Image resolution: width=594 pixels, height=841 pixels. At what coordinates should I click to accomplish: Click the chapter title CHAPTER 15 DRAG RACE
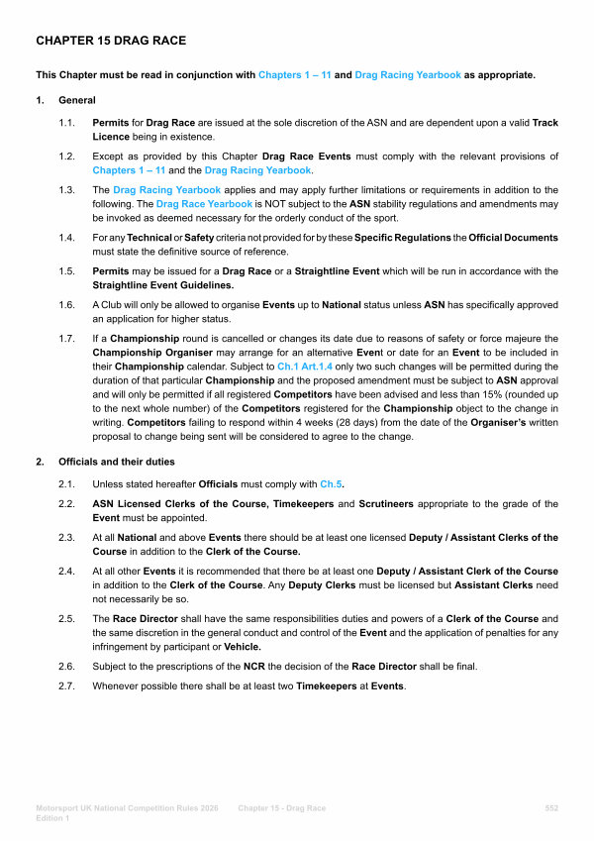[111, 41]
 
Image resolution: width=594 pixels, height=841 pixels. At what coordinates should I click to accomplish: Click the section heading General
[77, 101]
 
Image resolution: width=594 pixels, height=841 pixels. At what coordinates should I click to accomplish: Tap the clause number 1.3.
[66, 188]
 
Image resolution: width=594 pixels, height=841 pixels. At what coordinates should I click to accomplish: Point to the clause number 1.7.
[66, 340]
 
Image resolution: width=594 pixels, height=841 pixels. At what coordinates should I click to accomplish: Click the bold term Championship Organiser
[147, 354]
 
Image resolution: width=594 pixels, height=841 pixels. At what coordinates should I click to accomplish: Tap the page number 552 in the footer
[551, 808]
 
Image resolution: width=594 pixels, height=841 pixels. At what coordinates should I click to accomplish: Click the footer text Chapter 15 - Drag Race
[281, 808]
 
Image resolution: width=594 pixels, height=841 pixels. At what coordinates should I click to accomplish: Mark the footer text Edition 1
[51, 819]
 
